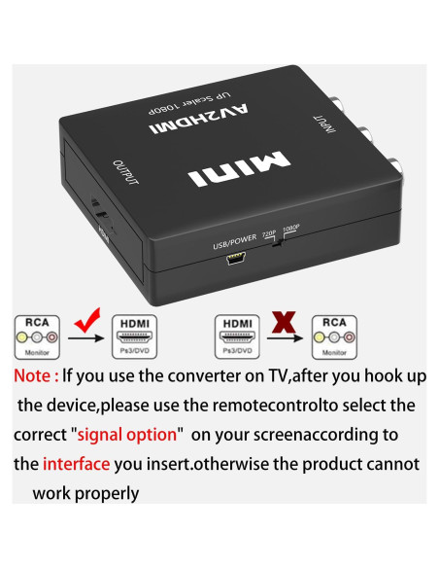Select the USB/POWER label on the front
(x=234, y=244)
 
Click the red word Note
(x=40, y=374)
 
